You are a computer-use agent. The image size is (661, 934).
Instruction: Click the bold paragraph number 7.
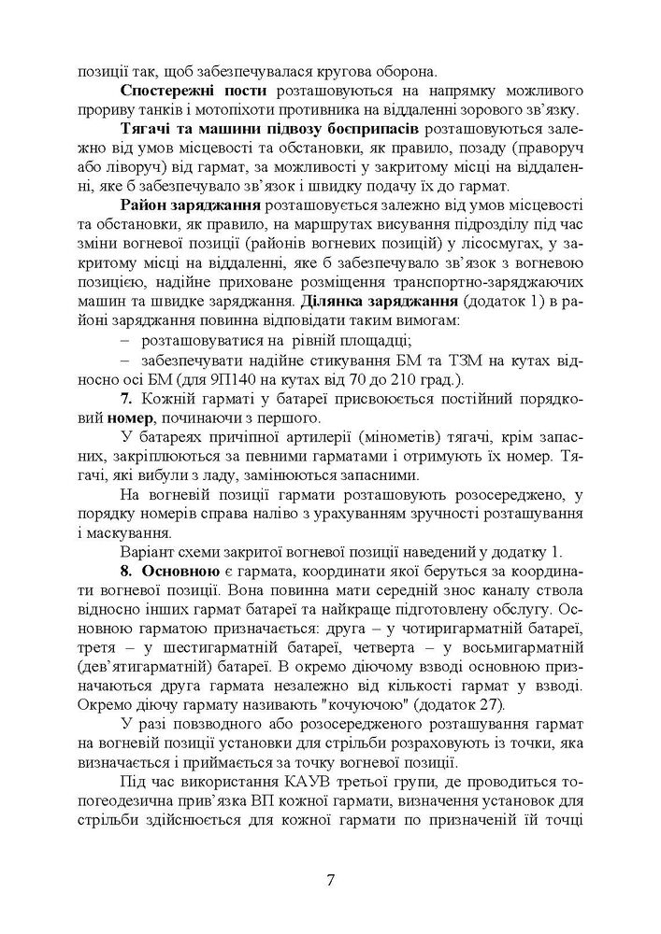(x=126, y=401)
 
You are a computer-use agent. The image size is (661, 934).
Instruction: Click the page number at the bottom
(x=330, y=880)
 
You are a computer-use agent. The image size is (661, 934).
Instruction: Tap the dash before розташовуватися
(x=126, y=341)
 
